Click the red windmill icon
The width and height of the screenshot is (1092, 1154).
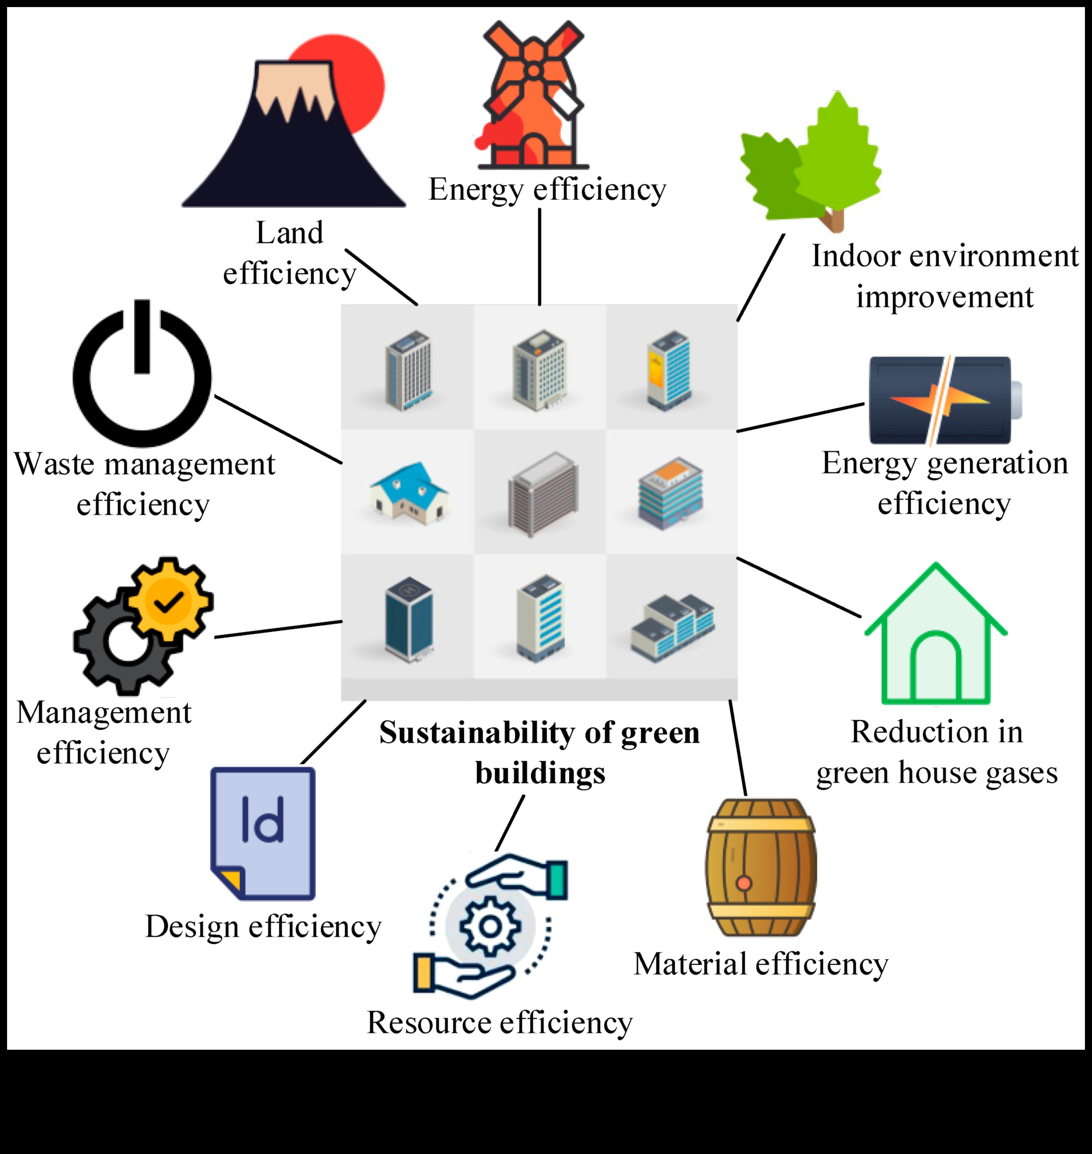coord(533,96)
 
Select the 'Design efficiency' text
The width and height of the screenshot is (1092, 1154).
coord(263,927)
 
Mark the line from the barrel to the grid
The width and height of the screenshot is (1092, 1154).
coord(738,748)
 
